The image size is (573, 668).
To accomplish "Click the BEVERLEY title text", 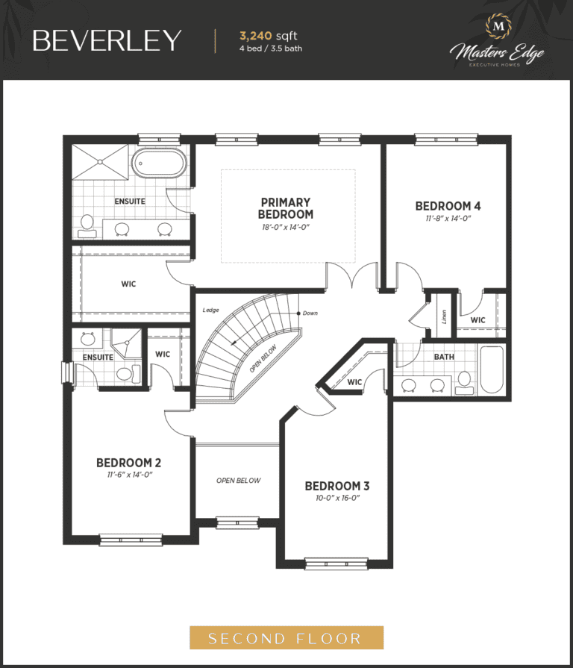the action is (x=107, y=40).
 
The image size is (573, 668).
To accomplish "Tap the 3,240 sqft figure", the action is (x=268, y=36).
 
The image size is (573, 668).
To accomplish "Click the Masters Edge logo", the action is (x=497, y=40).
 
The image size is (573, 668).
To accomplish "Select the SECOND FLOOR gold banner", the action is (x=286, y=637).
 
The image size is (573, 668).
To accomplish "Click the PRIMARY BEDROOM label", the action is (x=286, y=208).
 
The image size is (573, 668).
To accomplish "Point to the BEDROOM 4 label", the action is (x=448, y=206).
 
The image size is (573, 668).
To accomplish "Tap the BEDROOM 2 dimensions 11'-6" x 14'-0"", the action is (x=129, y=475).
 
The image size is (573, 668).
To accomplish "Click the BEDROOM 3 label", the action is (x=337, y=486).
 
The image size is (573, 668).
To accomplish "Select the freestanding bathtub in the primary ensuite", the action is (x=159, y=163).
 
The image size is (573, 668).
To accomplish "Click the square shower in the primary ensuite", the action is (x=100, y=162).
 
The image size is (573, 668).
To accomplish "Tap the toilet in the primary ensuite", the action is (x=87, y=226).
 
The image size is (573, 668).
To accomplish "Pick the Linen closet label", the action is (x=444, y=316).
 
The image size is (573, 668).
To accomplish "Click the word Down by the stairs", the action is (x=310, y=313).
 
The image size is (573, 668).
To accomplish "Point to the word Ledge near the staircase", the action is (x=210, y=310).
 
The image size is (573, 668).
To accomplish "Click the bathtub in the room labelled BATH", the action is (x=492, y=369).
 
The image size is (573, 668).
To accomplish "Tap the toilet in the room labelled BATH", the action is (x=465, y=384).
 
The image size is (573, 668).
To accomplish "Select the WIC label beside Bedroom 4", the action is (x=477, y=320).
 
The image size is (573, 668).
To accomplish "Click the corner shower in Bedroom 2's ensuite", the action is (x=125, y=343).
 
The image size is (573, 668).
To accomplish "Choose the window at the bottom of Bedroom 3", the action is (x=336, y=564).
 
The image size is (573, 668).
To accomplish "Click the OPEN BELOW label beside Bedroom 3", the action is (x=239, y=481).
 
